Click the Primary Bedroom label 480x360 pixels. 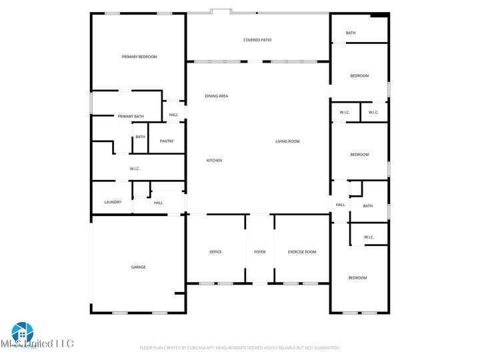[x=139, y=57]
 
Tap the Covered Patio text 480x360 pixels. [x=257, y=40]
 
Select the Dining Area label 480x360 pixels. [x=216, y=96]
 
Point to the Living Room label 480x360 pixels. [x=287, y=141]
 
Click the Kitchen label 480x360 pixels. [x=214, y=161]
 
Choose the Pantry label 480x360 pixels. [x=167, y=141]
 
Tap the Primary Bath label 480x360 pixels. [x=131, y=117]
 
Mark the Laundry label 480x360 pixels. [x=113, y=202]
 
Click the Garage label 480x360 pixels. [x=138, y=267]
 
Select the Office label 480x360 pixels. [x=215, y=252]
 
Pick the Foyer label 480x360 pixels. [x=259, y=252]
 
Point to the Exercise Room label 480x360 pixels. [x=301, y=252]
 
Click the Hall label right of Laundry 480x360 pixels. [x=158, y=203]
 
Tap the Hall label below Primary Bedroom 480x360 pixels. [x=173, y=115]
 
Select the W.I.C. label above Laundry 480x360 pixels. [x=135, y=169]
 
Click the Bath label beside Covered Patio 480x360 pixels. [x=351, y=33]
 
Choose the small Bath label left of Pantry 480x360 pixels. [x=140, y=137]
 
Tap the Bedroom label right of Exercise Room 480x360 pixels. [x=357, y=277]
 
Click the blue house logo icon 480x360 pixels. [x=22, y=332]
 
